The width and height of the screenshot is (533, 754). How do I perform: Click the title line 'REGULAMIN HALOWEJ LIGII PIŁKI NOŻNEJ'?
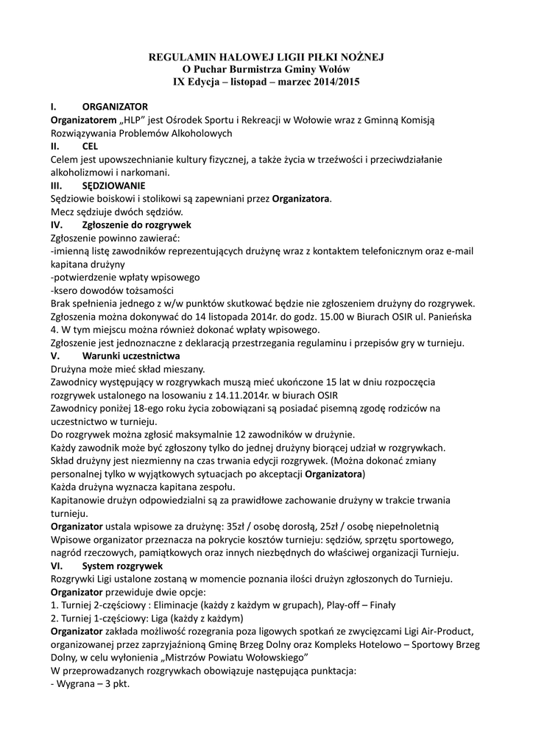[266, 56]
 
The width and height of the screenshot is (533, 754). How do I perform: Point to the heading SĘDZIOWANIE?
[113, 186]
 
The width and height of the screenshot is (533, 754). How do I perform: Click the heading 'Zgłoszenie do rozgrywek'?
[137, 225]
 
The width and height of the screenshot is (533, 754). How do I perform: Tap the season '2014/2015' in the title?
[336, 82]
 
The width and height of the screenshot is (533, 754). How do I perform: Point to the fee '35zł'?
[240, 526]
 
